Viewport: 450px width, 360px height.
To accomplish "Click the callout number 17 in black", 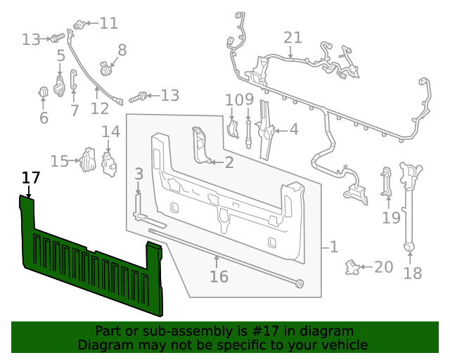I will [x=30, y=178].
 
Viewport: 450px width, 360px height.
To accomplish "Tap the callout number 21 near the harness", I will [x=292, y=37].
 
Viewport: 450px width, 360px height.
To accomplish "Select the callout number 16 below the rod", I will [x=219, y=276].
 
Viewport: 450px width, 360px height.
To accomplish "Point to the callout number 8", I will [x=122, y=50].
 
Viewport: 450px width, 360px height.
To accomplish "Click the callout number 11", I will [x=108, y=23].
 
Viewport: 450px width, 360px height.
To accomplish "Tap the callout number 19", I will [x=391, y=217].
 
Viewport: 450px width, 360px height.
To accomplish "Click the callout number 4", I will [x=293, y=129].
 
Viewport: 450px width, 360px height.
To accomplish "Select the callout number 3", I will [x=139, y=174].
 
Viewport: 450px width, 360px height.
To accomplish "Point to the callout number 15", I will [x=60, y=161].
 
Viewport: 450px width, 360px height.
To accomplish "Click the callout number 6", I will [x=44, y=117].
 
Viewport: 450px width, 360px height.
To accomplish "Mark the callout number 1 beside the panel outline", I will [x=333, y=247].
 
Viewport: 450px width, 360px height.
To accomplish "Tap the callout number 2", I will [x=229, y=163].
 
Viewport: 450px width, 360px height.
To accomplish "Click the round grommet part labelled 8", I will [x=106, y=69].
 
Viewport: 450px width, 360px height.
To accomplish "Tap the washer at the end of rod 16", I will [x=300, y=283].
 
